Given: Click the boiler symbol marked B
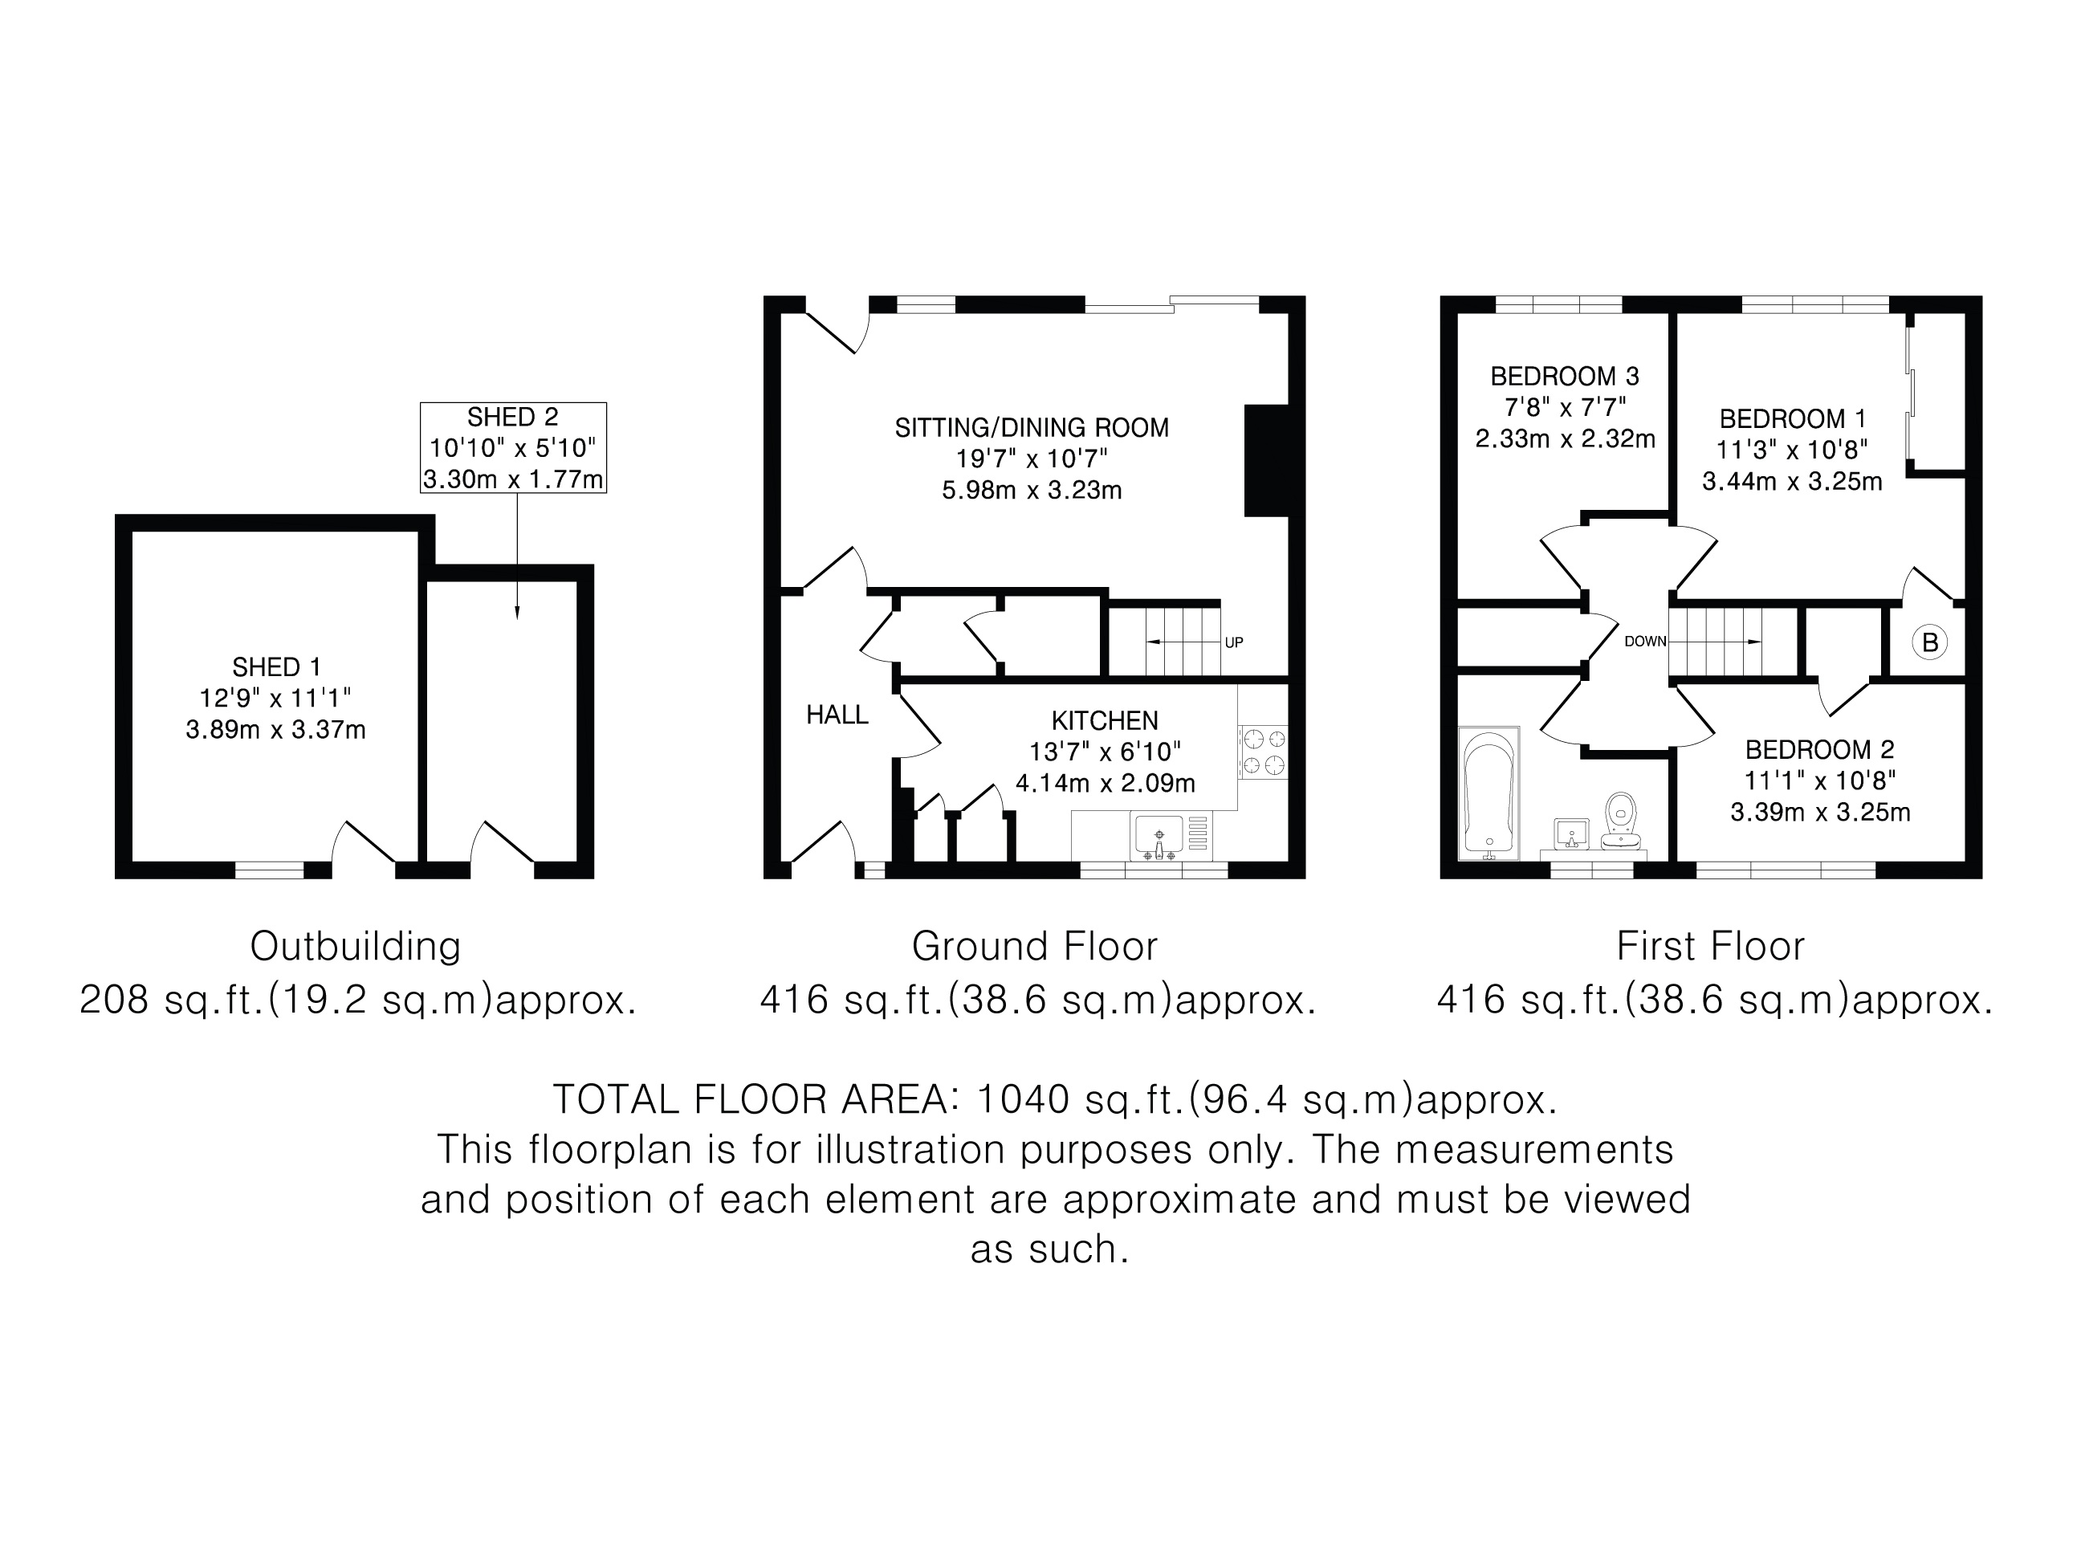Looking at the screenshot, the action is (1929, 642).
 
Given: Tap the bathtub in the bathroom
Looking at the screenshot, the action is (1488, 793).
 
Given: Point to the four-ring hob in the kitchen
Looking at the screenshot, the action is (1264, 752).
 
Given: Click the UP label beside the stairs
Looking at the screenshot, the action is (1233, 642).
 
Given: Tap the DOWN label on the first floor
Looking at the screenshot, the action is (1645, 642).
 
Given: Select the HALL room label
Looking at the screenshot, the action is (837, 715).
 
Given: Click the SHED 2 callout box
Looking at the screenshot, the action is (513, 448).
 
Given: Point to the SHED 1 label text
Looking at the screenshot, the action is (277, 667).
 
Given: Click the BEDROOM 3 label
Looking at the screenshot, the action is (1565, 377).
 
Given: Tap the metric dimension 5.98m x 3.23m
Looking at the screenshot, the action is (1032, 491).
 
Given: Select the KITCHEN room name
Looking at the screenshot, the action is (1105, 721).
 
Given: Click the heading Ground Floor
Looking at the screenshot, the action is (1034, 947).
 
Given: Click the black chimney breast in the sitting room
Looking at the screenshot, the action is (1266, 460).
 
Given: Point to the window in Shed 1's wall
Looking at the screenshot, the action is (269, 870).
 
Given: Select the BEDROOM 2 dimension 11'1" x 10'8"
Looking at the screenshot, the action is (1819, 781).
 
